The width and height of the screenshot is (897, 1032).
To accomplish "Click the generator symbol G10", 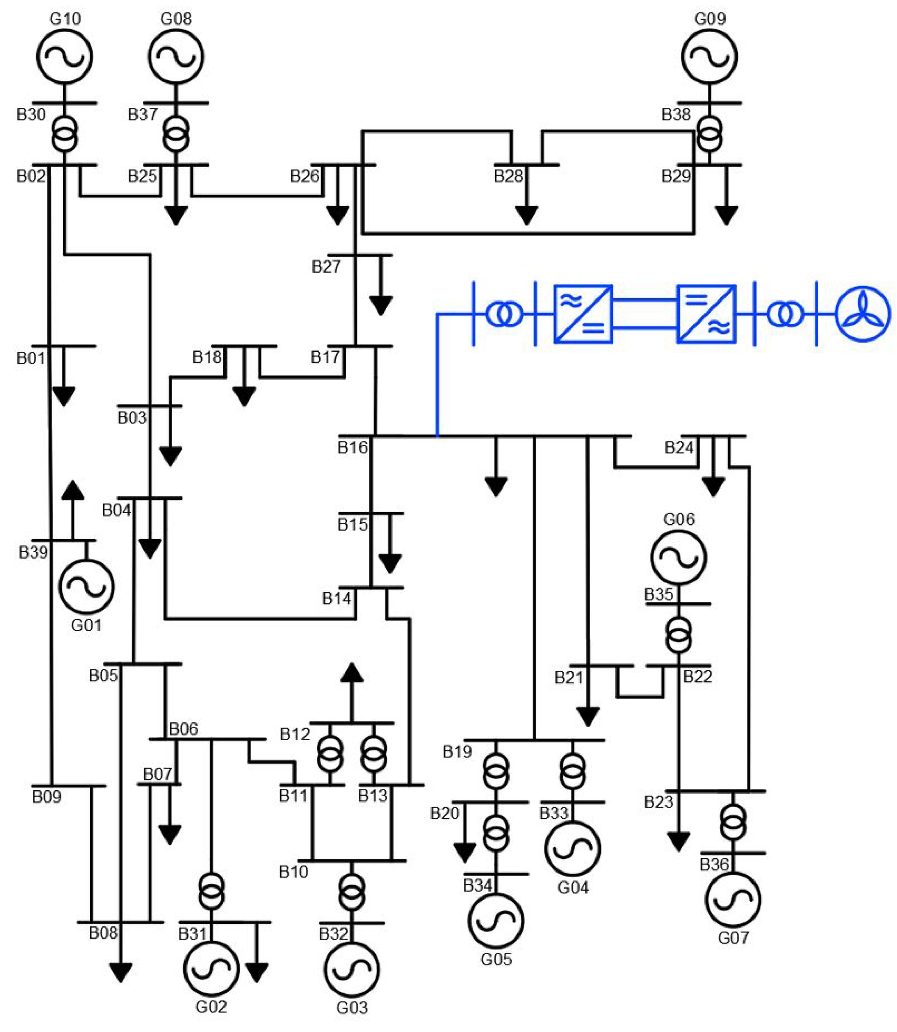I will click(65, 56).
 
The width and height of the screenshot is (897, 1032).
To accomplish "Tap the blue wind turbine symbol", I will click(863, 314).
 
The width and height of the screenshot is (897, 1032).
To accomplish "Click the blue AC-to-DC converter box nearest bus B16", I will click(583, 314).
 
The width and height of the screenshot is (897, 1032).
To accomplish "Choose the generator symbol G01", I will click(87, 587).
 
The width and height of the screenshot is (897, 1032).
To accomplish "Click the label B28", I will click(508, 176).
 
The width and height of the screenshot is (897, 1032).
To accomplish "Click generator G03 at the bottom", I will click(352, 969).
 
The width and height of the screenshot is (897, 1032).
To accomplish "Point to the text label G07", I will click(733, 937).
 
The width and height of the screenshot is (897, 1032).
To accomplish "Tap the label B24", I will click(679, 447).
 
